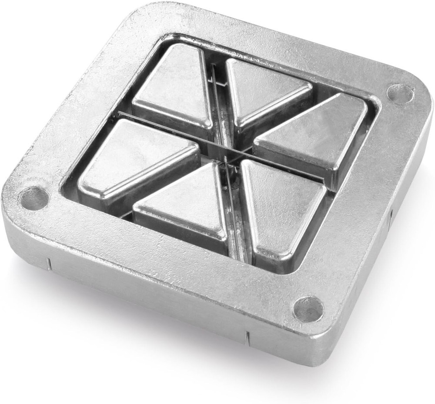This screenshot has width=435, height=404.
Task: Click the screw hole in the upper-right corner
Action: coord(399,93)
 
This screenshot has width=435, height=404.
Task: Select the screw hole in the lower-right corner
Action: coord(308,309)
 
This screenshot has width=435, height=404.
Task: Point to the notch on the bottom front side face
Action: coord(247,338)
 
